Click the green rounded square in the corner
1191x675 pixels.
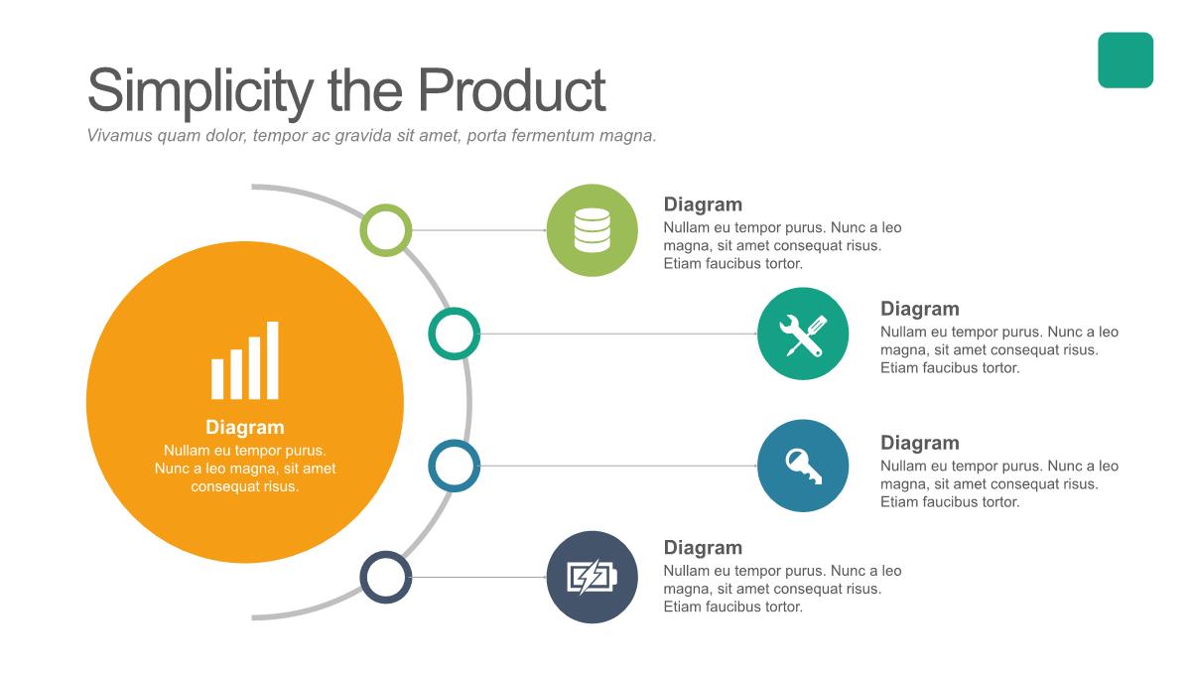(x=1125, y=61)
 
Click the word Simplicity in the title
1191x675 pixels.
(x=200, y=91)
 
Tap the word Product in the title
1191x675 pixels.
(x=511, y=89)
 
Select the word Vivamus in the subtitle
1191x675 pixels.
(x=120, y=135)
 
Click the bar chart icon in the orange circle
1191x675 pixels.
(x=244, y=360)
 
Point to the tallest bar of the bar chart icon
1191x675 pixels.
(x=273, y=360)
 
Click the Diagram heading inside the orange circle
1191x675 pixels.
(x=245, y=427)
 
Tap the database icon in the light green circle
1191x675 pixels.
(x=593, y=230)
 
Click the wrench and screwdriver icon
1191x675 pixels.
(x=803, y=335)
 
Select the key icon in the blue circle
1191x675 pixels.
(x=803, y=466)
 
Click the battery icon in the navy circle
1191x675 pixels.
(x=593, y=577)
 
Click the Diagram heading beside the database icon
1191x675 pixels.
(x=703, y=204)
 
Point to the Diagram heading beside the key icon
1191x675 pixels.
(x=920, y=443)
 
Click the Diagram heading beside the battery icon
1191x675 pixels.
(x=703, y=547)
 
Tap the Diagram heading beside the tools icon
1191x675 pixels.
(x=920, y=309)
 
